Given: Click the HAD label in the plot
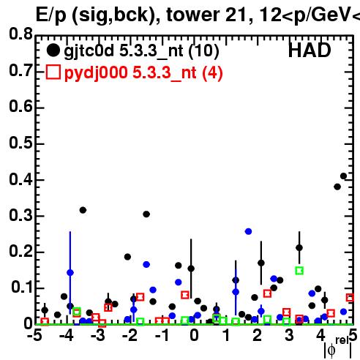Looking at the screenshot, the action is click(310, 50).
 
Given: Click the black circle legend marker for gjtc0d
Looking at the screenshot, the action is click(53, 50).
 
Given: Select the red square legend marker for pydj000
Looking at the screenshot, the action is click(53, 72).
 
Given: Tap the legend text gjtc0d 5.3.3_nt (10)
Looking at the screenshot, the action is click(141, 51).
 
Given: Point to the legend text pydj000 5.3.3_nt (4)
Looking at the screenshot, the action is click(143, 73).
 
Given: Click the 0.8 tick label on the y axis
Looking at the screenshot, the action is click(20, 34).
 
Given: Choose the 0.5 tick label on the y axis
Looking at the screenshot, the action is click(20, 143).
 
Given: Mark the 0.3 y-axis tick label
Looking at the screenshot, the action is click(20, 216).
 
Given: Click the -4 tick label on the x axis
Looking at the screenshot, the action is click(66, 335).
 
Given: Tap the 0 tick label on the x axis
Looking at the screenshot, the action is click(194, 335).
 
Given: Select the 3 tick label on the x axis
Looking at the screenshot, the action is click(289, 335).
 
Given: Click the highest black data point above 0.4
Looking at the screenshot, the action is click(343, 176).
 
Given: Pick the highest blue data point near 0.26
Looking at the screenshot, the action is click(248, 231).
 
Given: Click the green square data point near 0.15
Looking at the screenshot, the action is click(299, 271).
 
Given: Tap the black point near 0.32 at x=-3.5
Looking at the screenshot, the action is click(83, 210).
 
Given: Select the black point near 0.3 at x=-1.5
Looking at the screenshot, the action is click(146, 214).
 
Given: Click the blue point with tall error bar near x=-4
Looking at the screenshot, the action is click(70, 273).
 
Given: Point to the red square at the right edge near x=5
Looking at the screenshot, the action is click(350, 298).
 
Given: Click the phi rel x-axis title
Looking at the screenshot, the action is click(338, 348).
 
